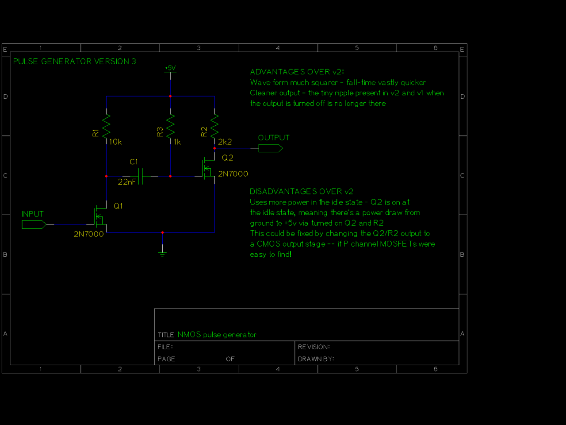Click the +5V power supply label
point(170,68)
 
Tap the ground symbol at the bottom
point(163,253)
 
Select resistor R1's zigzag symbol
point(107,126)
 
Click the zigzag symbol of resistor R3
point(170,126)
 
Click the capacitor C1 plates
point(141,176)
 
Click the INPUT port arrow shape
point(34,224)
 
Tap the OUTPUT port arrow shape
point(270,148)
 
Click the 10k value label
point(115,142)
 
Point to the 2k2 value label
point(225,142)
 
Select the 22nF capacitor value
point(127,182)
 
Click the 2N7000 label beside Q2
point(233,174)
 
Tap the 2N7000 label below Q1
point(88,234)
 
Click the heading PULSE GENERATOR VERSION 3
point(75,62)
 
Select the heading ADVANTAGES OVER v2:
point(297,72)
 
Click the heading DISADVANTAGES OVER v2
point(301,192)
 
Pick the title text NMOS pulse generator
point(217,335)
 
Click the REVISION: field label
point(314,347)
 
